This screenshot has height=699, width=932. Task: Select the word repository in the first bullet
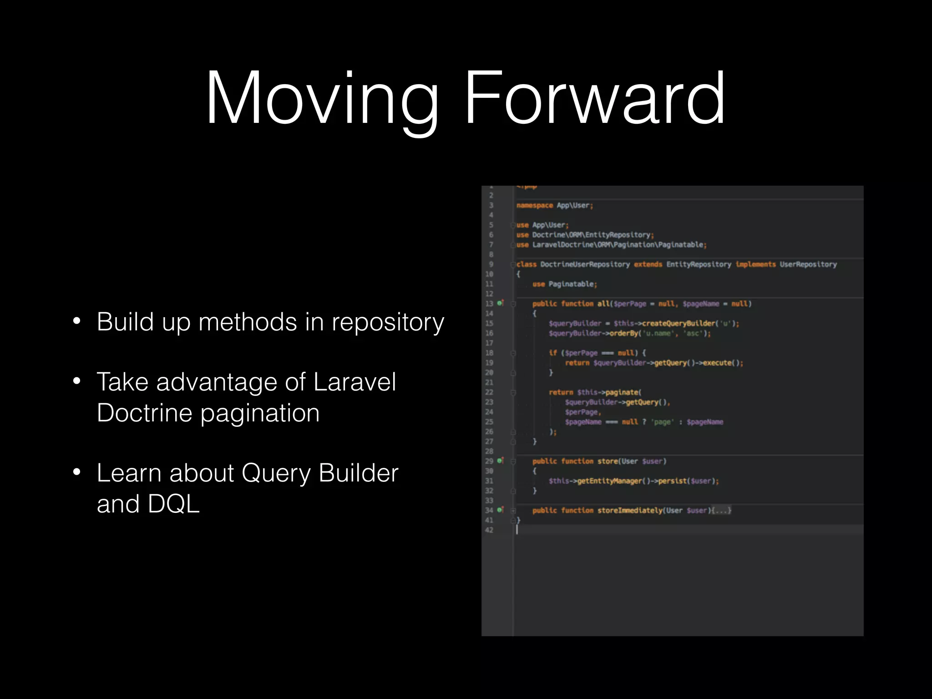pyautogui.click(x=388, y=323)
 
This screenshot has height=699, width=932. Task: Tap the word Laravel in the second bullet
pyautogui.click(x=355, y=382)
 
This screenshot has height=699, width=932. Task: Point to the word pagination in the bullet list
pyautogui.click(x=260, y=414)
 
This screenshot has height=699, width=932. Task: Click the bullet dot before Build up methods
pyautogui.click(x=76, y=321)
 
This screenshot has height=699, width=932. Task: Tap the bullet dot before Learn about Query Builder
pyautogui.click(x=76, y=472)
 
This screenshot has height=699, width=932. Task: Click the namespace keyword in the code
pyautogui.click(x=534, y=205)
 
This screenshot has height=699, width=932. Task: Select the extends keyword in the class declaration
pyautogui.click(x=648, y=264)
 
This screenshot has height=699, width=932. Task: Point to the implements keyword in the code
pyautogui.click(x=755, y=264)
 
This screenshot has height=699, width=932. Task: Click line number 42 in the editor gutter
pyautogui.click(x=489, y=530)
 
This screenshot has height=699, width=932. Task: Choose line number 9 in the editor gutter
pyautogui.click(x=491, y=264)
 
